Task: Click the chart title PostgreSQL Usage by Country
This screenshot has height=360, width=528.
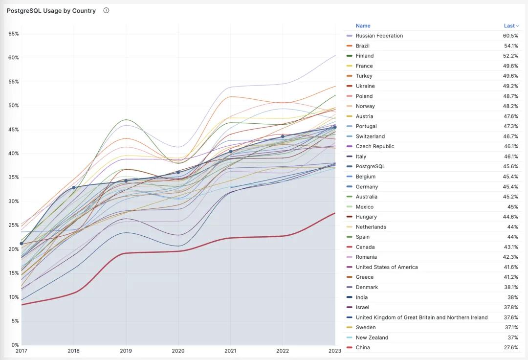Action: click(x=51, y=11)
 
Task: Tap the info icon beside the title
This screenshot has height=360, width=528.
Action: click(x=106, y=10)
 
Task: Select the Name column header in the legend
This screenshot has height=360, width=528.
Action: click(x=363, y=26)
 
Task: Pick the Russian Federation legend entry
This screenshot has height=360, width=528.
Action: click(x=379, y=36)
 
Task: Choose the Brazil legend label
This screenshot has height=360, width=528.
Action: click(x=363, y=46)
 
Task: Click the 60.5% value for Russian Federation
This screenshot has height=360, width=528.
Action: click(x=510, y=36)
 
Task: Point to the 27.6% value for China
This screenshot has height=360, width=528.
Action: click(x=511, y=348)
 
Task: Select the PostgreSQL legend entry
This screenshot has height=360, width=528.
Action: click(x=371, y=166)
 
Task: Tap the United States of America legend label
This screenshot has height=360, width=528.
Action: click(x=387, y=267)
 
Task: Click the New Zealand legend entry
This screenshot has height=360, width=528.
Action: click(x=372, y=337)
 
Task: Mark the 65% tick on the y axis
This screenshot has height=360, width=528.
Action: click(x=14, y=34)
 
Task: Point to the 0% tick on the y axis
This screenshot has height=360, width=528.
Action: click(x=15, y=345)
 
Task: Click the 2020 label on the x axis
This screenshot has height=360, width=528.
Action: click(x=178, y=351)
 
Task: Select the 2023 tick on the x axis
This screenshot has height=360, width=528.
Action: click(x=335, y=351)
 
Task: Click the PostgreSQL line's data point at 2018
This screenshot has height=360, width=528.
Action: click(x=74, y=187)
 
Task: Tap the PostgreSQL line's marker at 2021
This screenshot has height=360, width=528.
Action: click(x=231, y=152)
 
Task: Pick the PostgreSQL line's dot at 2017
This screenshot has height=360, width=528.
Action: click(x=22, y=244)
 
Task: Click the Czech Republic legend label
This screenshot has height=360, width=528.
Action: click(x=375, y=146)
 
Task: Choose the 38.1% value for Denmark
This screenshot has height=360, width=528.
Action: click(x=511, y=287)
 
